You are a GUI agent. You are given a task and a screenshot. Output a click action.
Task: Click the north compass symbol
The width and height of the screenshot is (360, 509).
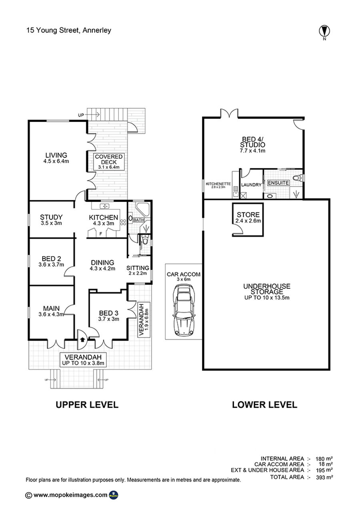[324, 32]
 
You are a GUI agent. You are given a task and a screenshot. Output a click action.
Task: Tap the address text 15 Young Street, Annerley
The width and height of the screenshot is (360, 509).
[69, 30]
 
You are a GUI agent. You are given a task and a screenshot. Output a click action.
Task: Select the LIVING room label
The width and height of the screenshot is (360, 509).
[56, 155]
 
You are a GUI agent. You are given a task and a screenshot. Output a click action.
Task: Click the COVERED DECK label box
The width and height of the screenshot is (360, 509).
[109, 162]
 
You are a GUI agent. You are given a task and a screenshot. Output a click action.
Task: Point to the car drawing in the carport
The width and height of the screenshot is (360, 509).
[184, 311]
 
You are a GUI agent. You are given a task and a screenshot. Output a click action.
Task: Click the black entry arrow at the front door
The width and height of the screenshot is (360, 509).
[82, 339]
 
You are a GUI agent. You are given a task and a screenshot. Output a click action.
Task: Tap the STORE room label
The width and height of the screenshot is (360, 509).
[248, 215]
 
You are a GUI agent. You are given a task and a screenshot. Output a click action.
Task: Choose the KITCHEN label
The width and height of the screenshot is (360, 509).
[104, 218]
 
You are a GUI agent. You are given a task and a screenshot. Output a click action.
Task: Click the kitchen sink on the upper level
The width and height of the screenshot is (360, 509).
[104, 206]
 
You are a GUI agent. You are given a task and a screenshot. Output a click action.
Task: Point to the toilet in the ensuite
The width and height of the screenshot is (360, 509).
[298, 178]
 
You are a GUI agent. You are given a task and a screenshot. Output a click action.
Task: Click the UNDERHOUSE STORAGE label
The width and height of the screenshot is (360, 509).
[266, 289]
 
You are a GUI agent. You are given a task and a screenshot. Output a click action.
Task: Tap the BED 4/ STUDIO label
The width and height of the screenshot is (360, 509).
[252, 142]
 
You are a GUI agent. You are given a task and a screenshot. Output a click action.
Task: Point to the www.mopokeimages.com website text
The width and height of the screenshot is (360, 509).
[70, 495]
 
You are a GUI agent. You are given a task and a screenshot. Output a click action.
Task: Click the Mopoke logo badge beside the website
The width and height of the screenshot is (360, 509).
[114, 495]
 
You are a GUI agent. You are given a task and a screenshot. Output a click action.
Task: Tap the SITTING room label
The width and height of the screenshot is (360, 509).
[138, 268]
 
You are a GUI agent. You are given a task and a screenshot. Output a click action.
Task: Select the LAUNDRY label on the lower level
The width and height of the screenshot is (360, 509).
[251, 185]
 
